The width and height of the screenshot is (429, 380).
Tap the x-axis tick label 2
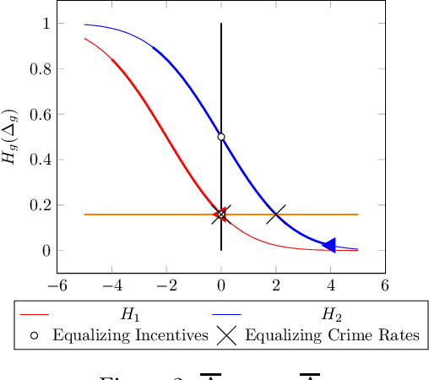(276, 285)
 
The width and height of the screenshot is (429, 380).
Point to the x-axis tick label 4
(330, 285)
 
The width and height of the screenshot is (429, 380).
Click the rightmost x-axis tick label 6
(385, 285)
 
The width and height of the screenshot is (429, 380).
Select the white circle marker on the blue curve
(221, 137)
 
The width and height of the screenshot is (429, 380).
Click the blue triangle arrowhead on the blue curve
(329, 245)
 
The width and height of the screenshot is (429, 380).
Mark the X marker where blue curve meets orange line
(276, 214)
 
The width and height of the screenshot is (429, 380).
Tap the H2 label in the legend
(329, 315)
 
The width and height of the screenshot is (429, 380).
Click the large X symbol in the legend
(225, 335)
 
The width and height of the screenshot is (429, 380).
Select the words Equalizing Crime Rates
(331, 335)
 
